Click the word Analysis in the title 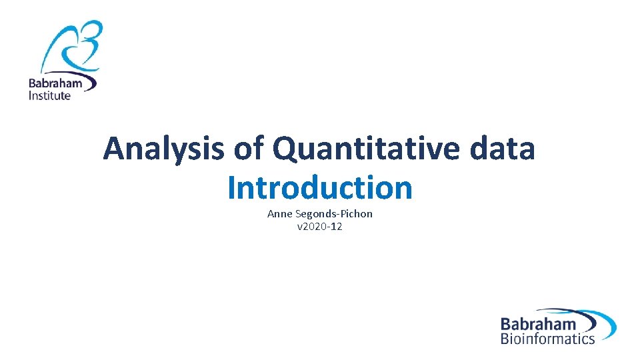164,149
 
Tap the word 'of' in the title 248,149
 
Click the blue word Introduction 319,188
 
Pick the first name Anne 279,214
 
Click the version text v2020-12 319,227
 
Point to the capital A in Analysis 115,149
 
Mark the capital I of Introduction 231,188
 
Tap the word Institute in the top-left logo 49,95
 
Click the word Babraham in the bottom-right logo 538,325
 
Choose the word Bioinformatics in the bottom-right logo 547,339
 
